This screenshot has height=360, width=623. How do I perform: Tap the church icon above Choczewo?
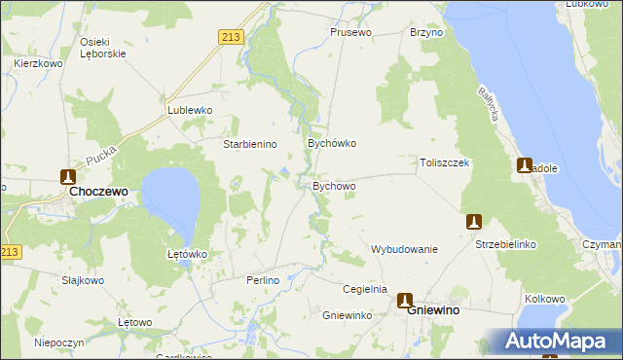point(68,177)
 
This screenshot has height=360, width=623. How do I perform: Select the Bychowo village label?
point(334,185)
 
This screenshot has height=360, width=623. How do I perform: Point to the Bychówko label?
point(332,143)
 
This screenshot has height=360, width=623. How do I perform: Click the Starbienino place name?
point(251,144)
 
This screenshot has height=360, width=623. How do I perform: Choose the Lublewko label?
point(190,110)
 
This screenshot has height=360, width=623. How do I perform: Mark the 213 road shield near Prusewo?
point(230,37)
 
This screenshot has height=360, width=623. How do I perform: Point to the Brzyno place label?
point(426,32)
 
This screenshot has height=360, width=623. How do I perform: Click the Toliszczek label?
point(445,162)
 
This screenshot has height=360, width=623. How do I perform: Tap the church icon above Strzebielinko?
point(474,222)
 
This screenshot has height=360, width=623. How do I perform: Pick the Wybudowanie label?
point(404,249)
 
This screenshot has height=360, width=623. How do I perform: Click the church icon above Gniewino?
point(404,302)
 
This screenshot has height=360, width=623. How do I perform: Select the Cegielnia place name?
point(365,289)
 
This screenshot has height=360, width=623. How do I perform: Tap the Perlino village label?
point(264,280)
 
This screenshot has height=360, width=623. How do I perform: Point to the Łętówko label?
point(183,254)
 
